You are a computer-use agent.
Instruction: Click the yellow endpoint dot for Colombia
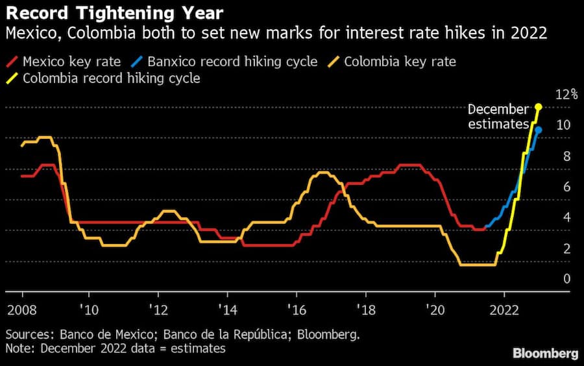[x=539, y=106]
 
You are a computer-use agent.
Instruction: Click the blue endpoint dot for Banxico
[x=539, y=130]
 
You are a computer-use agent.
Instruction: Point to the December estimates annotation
[x=498, y=117]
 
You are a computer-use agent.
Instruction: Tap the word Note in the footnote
[x=18, y=348]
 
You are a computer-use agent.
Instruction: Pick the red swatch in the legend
[x=12, y=62]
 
